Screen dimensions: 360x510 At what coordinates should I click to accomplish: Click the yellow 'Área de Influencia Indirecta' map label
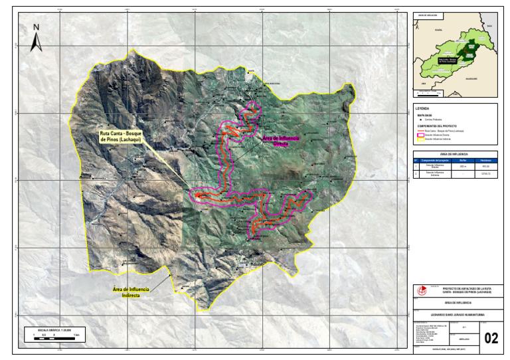(131, 293)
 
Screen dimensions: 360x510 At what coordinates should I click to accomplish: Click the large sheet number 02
(491, 338)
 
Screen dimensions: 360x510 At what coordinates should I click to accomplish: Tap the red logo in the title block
(420, 290)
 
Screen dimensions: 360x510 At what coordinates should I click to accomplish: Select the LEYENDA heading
(422, 108)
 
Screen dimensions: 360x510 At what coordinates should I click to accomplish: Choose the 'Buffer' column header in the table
(463, 160)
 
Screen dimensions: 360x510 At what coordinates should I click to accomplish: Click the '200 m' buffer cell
(463, 166)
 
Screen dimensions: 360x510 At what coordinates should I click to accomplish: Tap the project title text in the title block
(467, 290)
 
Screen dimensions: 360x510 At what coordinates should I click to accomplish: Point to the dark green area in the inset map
(469, 48)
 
